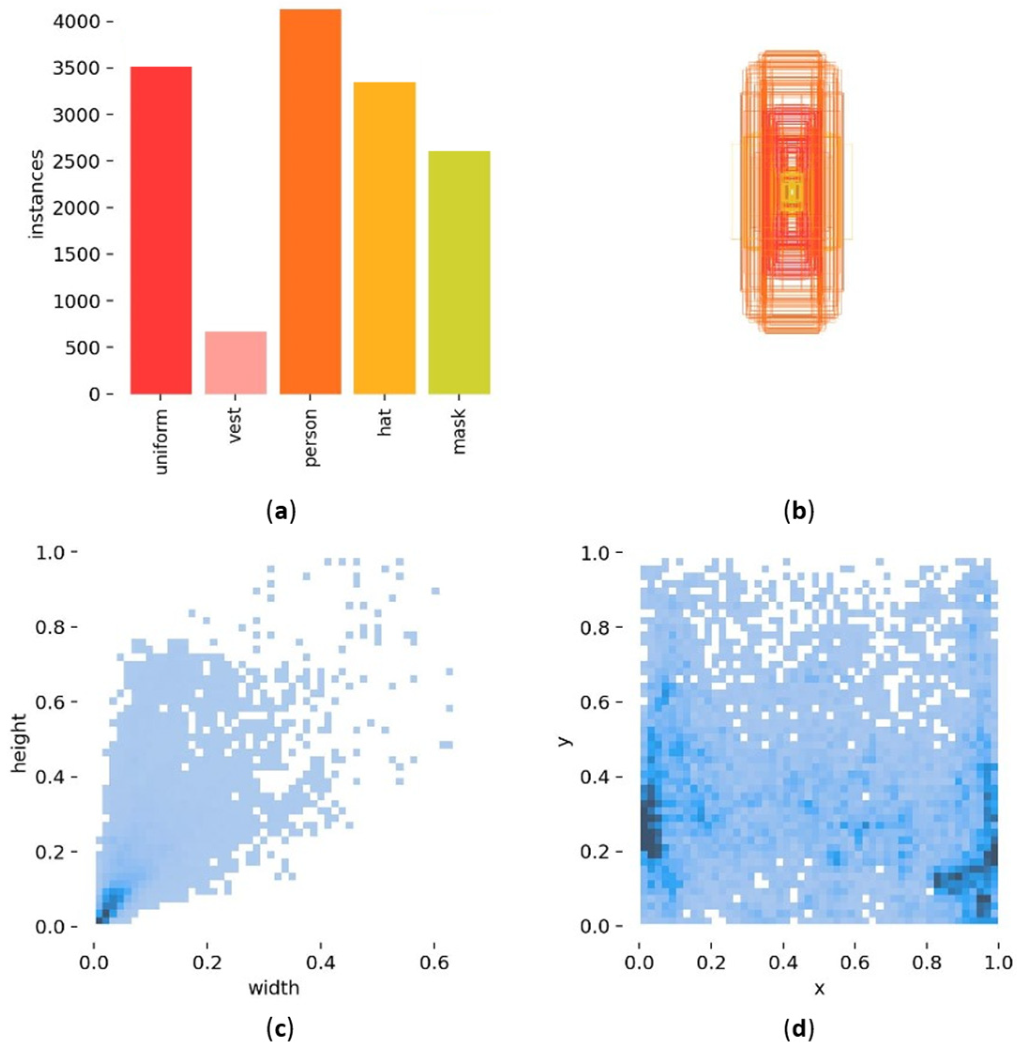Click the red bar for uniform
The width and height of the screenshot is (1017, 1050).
click(x=161, y=230)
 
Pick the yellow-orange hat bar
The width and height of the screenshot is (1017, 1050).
click(x=384, y=238)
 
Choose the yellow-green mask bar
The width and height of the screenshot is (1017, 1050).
click(x=459, y=273)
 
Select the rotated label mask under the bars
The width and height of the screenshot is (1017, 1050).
click(x=459, y=431)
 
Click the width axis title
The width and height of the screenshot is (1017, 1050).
click(x=273, y=987)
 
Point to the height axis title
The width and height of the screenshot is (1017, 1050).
click(x=19, y=742)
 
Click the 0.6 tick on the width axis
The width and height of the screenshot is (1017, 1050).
click(x=434, y=963)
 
